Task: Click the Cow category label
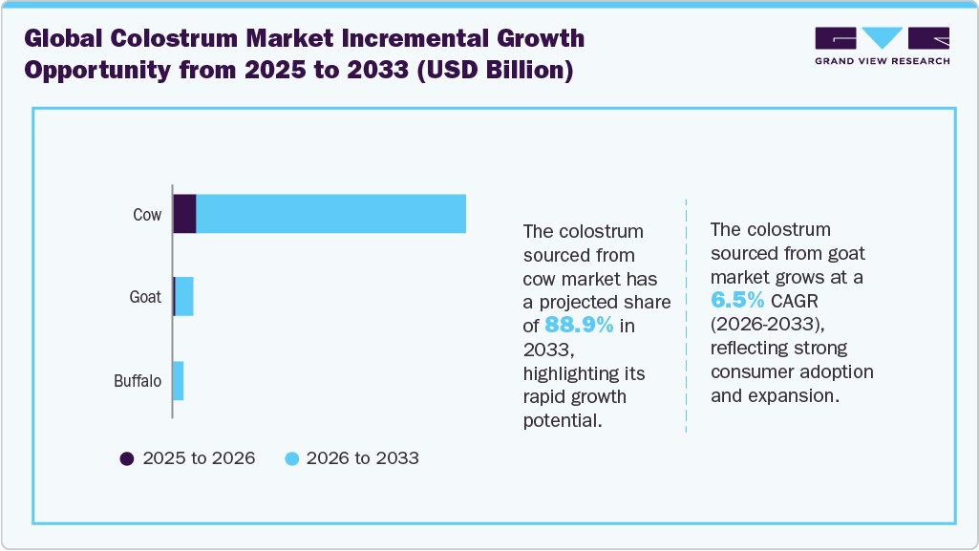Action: pyautogui.click(x=147, y=215)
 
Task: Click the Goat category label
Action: pyautogui.click(x=145, y=297)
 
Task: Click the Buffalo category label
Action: pyautogui.click(x=138, y=382)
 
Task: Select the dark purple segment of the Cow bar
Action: pyautogui.click(x=184, y=214)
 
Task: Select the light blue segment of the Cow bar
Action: pyautogui.click(x=330, y=214)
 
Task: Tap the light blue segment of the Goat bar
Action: pyautogui.click(x=184, y=297)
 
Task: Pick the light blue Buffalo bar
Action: pyautogui.click(x=178, y=381)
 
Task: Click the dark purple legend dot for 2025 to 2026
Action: pyautogui.click(x=127, y=458)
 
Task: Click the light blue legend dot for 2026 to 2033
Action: pyautogui.click(x=292, y=458)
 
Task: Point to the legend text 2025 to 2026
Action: pyautogui.click(x=199, y=458)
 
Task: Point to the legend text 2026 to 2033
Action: pyautogui.click(x=364, y=458)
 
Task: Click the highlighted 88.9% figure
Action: pyautogui.click(x=579, y=325)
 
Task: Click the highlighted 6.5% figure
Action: pyautogui.click(x=737, y=299)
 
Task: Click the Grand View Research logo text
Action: pyautogui.click(x=882, y=61)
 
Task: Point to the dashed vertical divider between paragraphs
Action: pyautogui.click(x=686, y=315)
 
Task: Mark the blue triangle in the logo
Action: pyautogui.click(x=882, y=37)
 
